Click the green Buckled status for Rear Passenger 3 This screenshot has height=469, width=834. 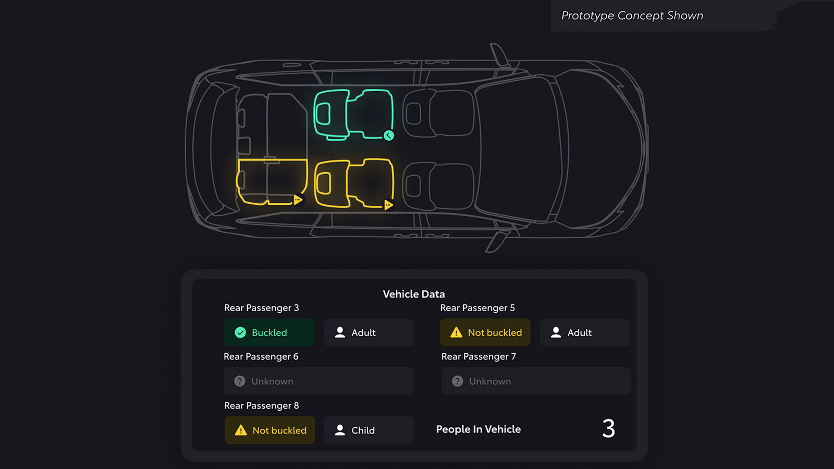269,332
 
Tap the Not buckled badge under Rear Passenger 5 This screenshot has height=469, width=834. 485,332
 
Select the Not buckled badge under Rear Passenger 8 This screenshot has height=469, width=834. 269,430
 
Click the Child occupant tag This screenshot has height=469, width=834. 369,430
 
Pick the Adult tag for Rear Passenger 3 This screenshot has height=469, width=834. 369,332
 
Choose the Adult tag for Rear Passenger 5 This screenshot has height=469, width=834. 585,332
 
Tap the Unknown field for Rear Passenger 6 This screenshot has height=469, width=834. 318,381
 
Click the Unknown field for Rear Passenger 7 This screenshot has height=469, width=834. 536,381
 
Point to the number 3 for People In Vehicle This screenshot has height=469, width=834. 608,428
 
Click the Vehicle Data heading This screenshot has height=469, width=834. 414,294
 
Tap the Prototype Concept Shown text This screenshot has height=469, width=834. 632,16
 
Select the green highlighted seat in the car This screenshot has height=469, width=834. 353,114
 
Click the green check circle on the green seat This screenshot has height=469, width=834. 389,135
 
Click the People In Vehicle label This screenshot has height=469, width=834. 479,429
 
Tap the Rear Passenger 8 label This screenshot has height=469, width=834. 261,405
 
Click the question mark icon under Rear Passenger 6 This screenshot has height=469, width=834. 240,381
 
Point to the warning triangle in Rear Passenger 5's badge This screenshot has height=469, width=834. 456,332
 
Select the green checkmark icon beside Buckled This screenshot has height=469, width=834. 240,332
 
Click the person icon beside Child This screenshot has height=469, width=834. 340,430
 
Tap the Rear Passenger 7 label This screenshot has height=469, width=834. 479,356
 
